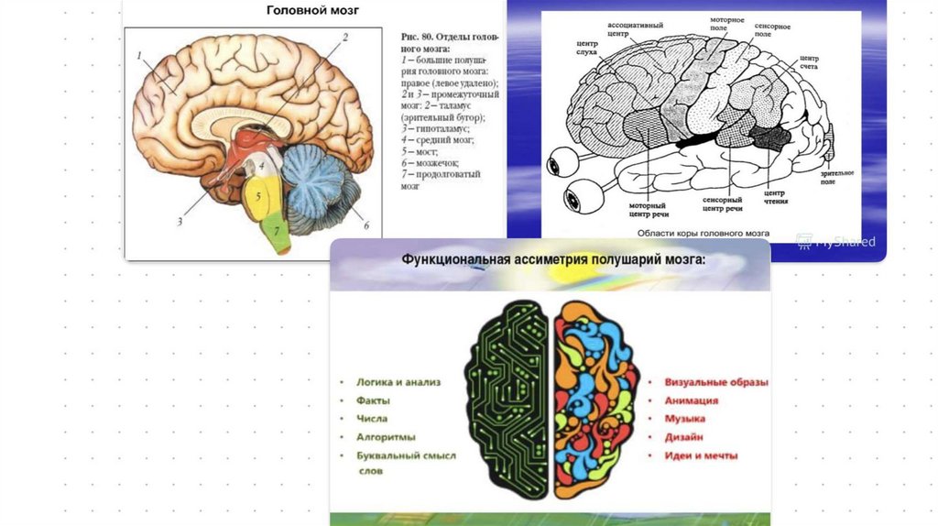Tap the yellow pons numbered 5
click(x=260, y=197)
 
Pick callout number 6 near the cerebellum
click(x=365, y=225)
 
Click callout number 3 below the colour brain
click(x=180, y=221)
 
